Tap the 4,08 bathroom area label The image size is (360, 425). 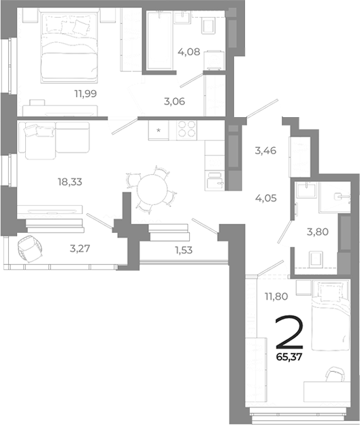189,50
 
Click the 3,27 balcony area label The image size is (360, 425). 81,248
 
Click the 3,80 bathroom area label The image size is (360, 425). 316,231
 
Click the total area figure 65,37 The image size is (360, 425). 288,355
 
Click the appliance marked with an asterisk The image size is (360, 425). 159,129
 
